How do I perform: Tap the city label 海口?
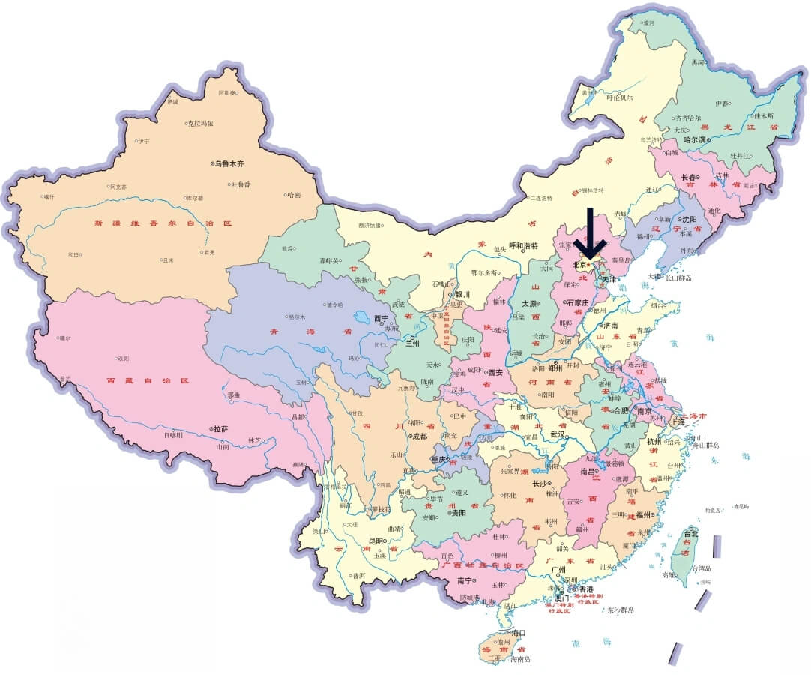519,633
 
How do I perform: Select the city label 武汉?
557,433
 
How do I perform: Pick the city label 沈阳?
689,220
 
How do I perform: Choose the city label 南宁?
465,580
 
